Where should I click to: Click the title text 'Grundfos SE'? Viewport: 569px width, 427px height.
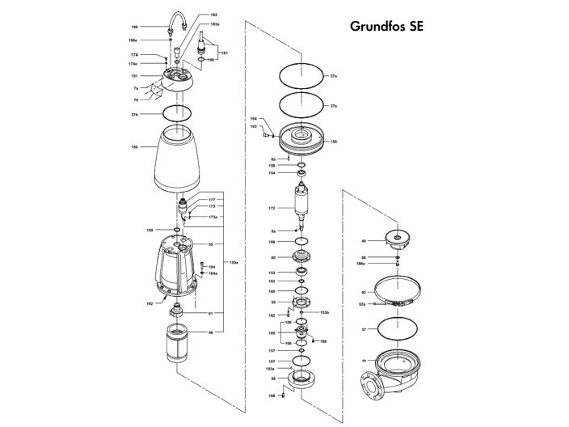386,26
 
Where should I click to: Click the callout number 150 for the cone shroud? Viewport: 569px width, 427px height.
134,146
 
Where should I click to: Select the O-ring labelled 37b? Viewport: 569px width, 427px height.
177,113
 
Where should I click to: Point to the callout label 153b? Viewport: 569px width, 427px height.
324,312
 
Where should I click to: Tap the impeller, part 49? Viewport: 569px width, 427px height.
396,239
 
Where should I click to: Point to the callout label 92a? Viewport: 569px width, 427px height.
363,303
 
